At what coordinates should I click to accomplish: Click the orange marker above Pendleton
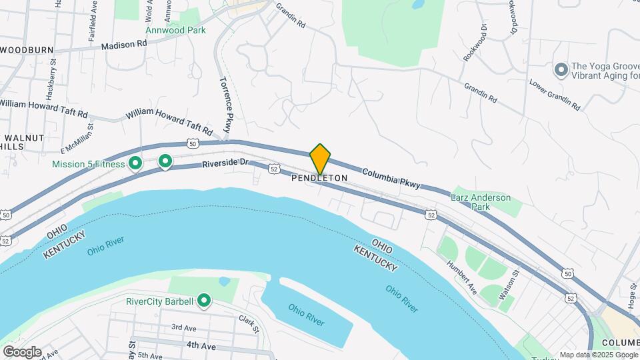[x=320, y=158]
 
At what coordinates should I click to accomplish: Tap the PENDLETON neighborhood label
[x=319, y=178]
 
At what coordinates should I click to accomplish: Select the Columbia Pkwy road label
[x=391, y=178]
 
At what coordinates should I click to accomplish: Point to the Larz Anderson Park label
[x=480, y=202]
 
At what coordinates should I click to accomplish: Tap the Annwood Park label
[x=176, y=30]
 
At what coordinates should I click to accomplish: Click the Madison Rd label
[x=123, y=45]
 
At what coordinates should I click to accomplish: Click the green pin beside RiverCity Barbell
[x=204, y=301]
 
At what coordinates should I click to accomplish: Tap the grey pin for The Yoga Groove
[x=561, y=69]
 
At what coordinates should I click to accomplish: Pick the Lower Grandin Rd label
[x=555, y=96]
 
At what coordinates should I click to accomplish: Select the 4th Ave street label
[x=203, y=345]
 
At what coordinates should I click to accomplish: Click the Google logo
[x=22, y=352]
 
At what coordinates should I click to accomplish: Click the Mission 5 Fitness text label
[x=90, y=163]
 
